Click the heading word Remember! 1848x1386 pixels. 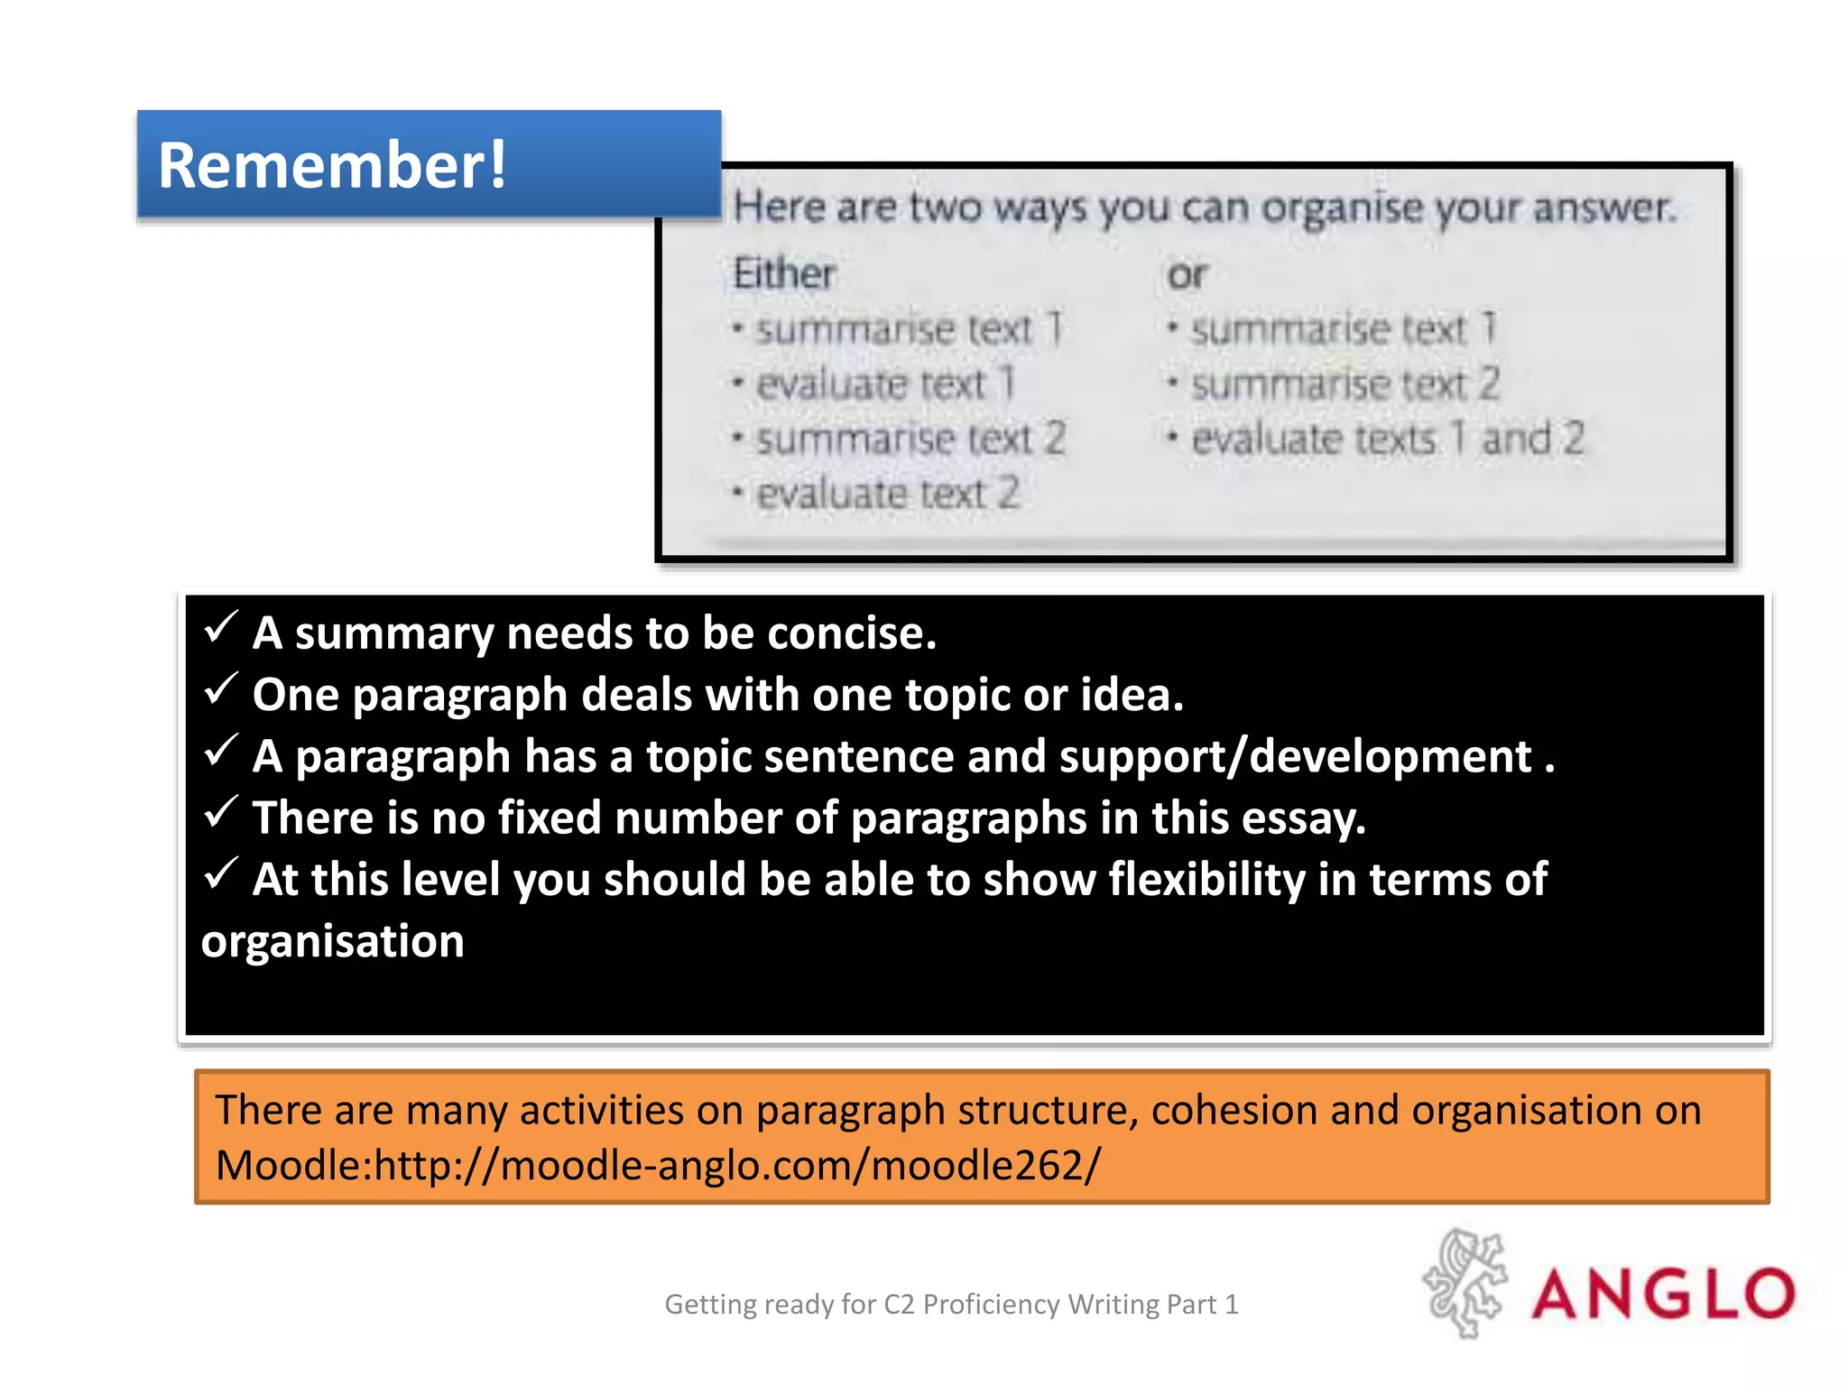point(332,166)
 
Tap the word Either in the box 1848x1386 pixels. point(783,273)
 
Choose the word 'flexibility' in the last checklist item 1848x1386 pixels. point(1206,879)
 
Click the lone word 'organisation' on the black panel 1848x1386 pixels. point(332,942)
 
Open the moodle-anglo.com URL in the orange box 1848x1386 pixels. point(736,1165)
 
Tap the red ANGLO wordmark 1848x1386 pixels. point(1662,1294)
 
